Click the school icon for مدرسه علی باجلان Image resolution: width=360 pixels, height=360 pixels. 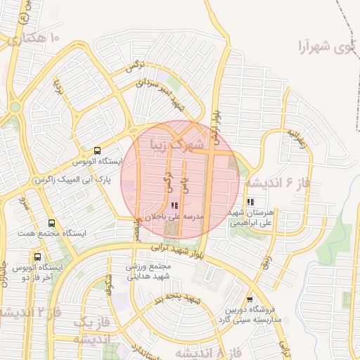(x=174, y=205)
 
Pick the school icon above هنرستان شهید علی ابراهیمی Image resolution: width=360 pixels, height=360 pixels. (x=251, y=202)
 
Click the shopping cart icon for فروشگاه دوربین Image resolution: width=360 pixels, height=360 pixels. (x=251, y=298)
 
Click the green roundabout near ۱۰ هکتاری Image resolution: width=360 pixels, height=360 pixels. (x=15, y=107)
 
